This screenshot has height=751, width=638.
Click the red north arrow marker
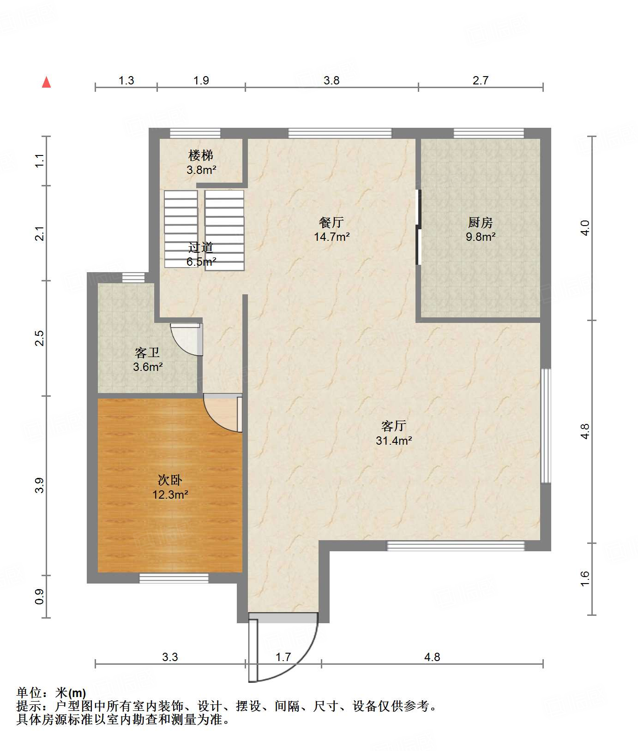pos(46,82)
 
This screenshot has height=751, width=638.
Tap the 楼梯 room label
pos(201,155)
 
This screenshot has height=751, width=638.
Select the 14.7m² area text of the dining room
pos(331,237)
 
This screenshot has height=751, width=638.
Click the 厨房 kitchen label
pos(481,222)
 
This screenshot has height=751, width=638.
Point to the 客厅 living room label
pos(394,426)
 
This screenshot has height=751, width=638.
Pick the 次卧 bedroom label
pos(170,480)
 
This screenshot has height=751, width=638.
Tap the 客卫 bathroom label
pos(147,353)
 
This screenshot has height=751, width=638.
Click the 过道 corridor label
pos(201,248)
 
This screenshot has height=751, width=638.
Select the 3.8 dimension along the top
pos(331,81)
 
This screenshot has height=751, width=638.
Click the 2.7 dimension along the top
pos(481,81)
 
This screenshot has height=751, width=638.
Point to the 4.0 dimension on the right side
pos(585,228)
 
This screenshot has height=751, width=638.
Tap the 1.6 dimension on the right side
pos(585,579)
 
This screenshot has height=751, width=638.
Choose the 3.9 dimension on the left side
pos(40,485)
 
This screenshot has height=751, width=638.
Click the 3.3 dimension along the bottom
pos(170,657)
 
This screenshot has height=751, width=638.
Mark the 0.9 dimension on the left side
pos(40,596)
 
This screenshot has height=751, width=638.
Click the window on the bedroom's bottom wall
pos(174,578)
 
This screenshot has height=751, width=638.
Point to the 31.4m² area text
pos(394,441)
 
